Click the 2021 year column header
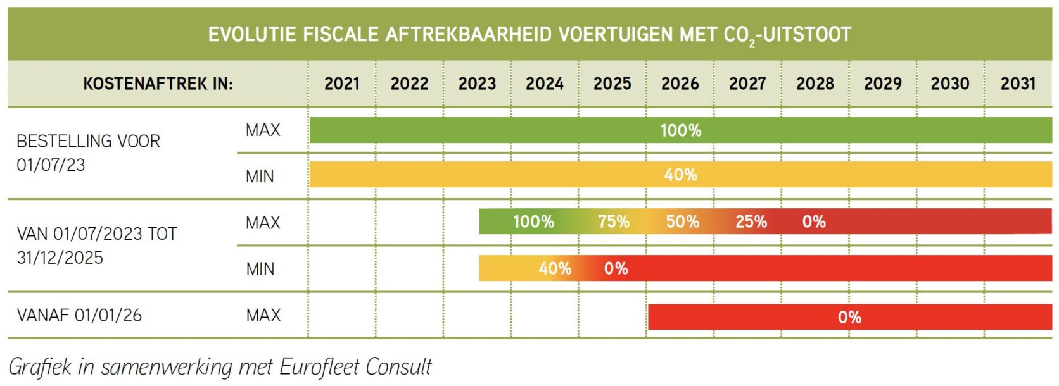point(342,84)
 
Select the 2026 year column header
point(680,84)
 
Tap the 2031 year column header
point(1018,84)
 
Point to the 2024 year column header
point(545,84)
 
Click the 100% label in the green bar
point(681,130)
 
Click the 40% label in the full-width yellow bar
point(681,175)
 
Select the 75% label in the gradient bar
point(614,221)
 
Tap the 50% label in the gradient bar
point(683,221)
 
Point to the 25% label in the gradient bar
point(751,221)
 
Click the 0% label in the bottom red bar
point(849,317)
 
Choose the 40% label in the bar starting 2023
point(555,268)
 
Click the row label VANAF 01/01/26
point(79,315)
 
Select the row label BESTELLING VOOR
point(88,141)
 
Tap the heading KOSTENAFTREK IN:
point(158,84)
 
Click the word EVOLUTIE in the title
point(252,34)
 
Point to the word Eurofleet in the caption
point(320,366)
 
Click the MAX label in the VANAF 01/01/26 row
point(263,315)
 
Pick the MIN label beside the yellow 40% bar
point(260,176)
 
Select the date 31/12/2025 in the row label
point(60,258)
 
